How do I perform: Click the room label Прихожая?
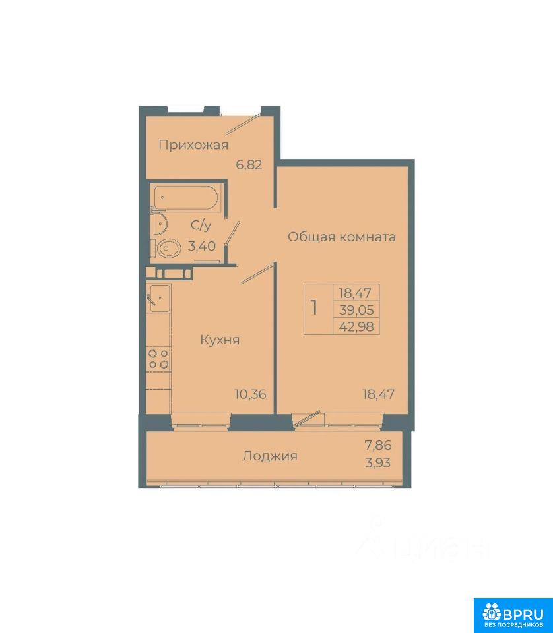tap(193, 145)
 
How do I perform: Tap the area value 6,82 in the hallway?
tap(249, 165)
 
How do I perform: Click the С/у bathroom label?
tap(201, 226)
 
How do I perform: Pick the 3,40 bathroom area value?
tap(201, 245)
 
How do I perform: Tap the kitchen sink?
tap(160, 298)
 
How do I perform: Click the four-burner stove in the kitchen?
tap(158, 359)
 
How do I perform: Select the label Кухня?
tap(220, 340)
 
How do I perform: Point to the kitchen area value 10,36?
tap(251, 394)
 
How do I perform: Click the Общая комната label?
tap(342, 237)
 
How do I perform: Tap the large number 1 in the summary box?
tap(314, 309)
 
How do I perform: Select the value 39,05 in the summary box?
tap(356, 310)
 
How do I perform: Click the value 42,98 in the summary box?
tap(356, 326)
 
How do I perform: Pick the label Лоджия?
tap(270, 456)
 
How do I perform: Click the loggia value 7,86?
tap(378, 445)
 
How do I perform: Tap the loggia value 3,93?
tap(378, 463)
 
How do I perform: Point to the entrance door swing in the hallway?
tap(242, 125)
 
